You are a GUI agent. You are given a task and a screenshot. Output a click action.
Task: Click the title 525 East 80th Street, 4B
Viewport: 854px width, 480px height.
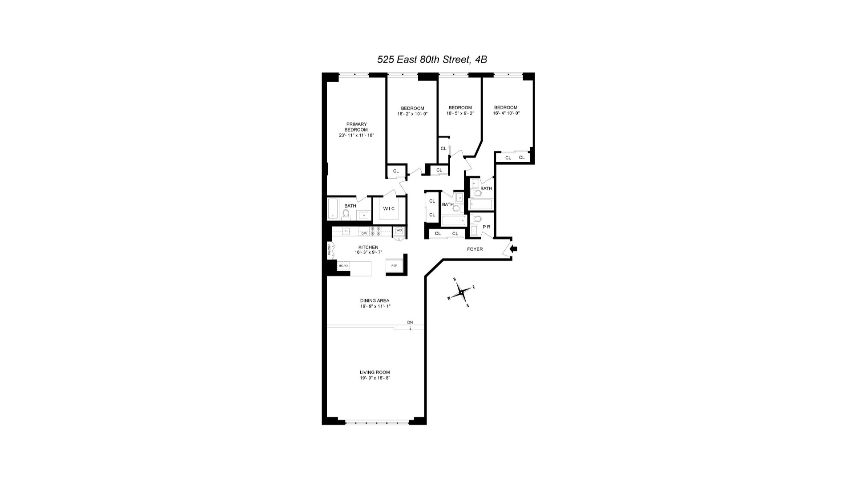pos(432,60)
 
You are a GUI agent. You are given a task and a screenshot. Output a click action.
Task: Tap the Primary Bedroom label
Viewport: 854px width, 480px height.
pos(356,127)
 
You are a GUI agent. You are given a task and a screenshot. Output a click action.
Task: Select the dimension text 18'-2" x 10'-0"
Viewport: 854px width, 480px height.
pos(412,114)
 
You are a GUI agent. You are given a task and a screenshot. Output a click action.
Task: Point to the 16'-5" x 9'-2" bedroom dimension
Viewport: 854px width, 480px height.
pos(460,113)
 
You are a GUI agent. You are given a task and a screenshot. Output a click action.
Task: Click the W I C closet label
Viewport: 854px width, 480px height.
pos(389,209)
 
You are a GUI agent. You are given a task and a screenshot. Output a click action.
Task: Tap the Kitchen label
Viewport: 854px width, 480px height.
pos(368,247)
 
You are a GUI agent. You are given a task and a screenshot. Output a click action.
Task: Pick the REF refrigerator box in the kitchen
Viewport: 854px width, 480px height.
pos(394,265)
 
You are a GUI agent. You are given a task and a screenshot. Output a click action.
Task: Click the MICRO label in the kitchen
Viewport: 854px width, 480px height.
pos(343,266)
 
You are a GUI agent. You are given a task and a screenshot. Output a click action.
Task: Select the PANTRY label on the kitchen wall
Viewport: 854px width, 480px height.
pos(330,251)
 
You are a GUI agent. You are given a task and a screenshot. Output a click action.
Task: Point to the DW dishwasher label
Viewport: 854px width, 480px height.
pos(364,233)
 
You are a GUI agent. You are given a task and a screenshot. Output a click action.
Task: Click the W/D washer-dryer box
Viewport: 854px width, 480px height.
pos(399,230)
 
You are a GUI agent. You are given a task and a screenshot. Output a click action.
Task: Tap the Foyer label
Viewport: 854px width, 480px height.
pos(475,249)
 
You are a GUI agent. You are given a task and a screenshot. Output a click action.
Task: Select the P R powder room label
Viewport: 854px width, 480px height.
pos(486,227)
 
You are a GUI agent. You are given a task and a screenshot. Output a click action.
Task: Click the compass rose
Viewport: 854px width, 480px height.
pos(462,292)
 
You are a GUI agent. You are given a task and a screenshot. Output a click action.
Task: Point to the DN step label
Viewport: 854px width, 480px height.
pos(410,322)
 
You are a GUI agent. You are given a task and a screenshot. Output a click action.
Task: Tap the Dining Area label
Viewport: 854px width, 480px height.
pos(375,301)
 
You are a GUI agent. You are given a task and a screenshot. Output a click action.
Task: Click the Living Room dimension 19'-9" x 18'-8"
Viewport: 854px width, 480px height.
pos(375,378)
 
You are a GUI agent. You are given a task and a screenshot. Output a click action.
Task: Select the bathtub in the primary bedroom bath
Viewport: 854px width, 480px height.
pos(333,209)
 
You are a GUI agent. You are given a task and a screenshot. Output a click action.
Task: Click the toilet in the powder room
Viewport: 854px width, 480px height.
pos(477,219)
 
